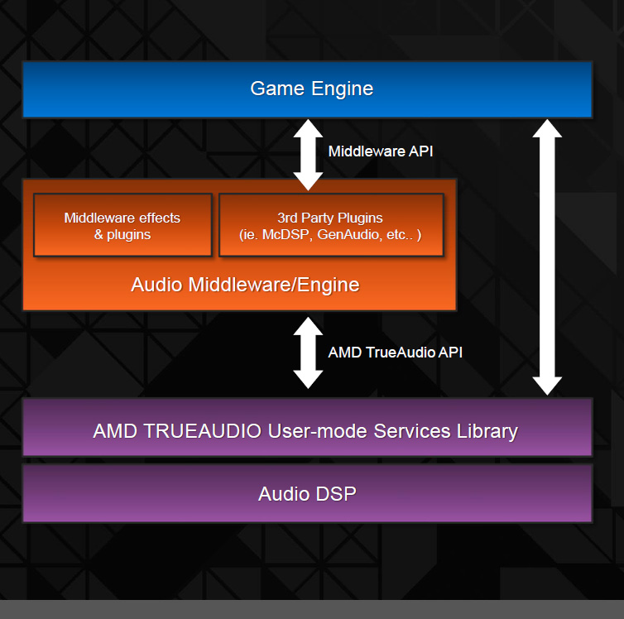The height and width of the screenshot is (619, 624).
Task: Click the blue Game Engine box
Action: (307, 89)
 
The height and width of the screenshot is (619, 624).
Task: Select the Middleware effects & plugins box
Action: (122, 225)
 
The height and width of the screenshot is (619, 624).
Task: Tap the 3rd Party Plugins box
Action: (331, 225)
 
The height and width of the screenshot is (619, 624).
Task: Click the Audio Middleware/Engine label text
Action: (245, 285)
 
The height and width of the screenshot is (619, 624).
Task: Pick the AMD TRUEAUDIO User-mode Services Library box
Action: (307, 427)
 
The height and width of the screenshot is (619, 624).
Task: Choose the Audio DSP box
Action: (307, 494)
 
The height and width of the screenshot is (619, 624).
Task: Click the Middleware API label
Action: (381, 151)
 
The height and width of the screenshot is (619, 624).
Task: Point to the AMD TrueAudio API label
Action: (396, 353)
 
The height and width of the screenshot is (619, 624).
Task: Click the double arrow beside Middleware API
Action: (308, 155)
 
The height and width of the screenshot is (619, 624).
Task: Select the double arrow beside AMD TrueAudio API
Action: (308, 353)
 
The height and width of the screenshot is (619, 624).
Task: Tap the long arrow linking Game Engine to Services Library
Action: (547, 257)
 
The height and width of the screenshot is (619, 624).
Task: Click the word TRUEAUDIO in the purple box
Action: (202, 431)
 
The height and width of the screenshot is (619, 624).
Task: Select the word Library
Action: (487, 432)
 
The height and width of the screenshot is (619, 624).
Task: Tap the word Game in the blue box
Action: (277, 89)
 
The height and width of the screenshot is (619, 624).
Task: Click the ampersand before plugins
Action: (98, 234)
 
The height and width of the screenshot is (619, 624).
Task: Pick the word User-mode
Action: (318, 431)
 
